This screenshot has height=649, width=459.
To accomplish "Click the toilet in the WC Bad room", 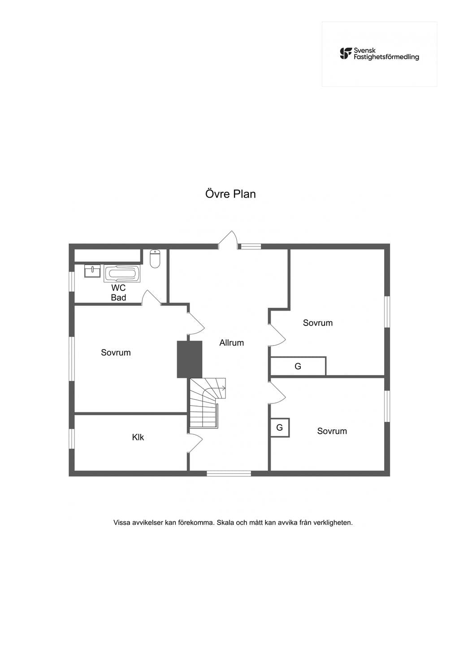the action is click(155, 259).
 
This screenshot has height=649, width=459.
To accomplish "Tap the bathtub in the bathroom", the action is click(122, 273).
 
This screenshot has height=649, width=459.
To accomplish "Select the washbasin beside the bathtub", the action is click(92, 271).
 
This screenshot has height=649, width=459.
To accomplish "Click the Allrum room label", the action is click(232, 343).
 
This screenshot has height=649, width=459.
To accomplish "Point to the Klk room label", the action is click(138, 437).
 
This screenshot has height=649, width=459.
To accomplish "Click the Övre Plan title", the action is click(231, 194).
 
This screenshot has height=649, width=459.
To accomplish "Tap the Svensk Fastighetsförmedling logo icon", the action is click(346, 54).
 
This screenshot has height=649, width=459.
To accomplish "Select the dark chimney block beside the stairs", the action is click(190, 359).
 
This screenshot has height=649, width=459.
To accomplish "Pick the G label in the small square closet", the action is click(279, 427).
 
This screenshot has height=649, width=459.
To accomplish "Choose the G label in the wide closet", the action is click(298, 367).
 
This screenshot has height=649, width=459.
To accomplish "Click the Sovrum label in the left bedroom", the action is click(116, 353).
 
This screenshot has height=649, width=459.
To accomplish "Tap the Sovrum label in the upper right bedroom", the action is click(318, 323).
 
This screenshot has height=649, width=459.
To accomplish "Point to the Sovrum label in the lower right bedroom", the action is click(332, 431).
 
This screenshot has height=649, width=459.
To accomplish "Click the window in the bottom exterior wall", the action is click(229, 473).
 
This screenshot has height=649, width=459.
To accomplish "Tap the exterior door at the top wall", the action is click(227, 239).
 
